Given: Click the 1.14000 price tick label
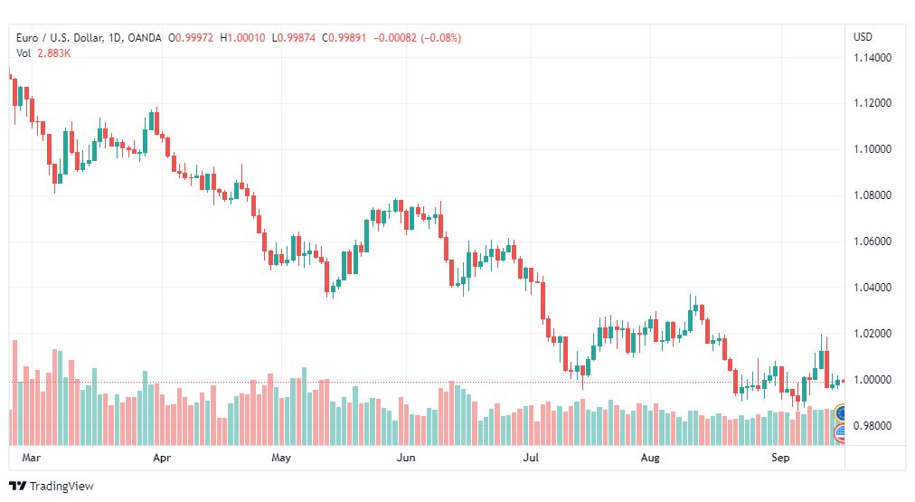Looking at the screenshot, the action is click(x=873, y=58).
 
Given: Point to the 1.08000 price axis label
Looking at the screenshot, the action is click(x=873, y=195).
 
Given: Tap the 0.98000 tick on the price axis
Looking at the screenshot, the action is click(x=873, y=425).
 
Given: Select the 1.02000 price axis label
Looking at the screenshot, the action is click(x=873, y=333).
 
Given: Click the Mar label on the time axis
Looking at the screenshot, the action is click(x=32, y=458).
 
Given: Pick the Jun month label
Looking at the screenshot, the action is click(x=406, y=458).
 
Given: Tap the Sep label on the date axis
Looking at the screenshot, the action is click(x=781, y=458).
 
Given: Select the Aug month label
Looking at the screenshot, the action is click(x=650, y=458).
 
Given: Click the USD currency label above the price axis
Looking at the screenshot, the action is click(x=863, y=37).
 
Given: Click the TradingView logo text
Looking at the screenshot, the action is click(x=61, y=487).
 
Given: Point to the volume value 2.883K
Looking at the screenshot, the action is click(x=54, y=53).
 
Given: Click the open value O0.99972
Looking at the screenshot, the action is click(x=190, y=38).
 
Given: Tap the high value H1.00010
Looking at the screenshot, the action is click(x=242, y=38).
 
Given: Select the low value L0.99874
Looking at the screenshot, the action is click(x=294, y=38).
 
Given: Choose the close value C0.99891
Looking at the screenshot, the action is click(x=344, y=38).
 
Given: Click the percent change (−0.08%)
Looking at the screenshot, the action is click(x=441, y=38).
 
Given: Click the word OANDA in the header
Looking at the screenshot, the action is click(x=144, y=38).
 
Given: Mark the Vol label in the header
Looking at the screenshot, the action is click(x=24, y=53).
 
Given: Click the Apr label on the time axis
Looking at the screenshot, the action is click(x=162, y=458).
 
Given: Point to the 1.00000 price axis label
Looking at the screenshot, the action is click(x=873, y=379).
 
